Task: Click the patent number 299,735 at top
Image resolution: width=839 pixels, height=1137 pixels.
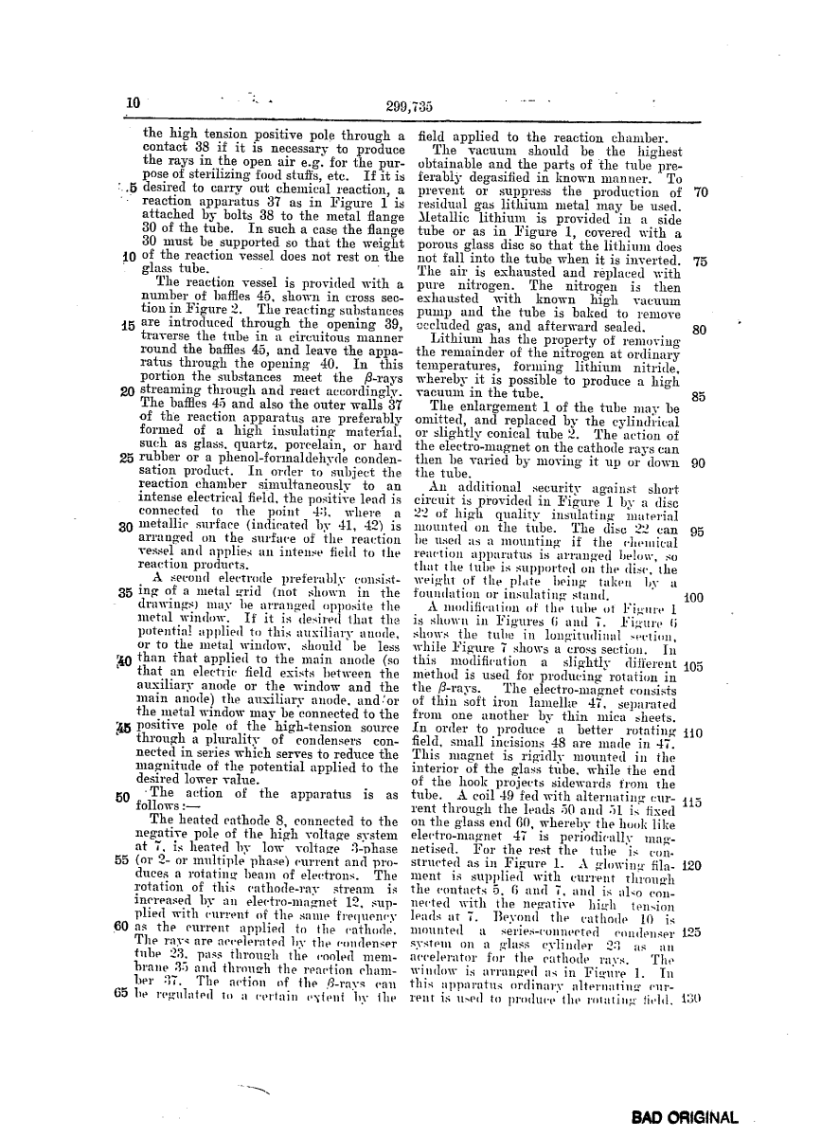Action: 407,105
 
